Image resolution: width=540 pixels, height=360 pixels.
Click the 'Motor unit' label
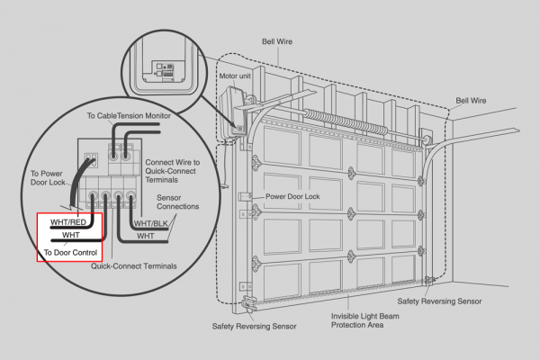235,76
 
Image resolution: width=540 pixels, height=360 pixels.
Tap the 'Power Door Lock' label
292,196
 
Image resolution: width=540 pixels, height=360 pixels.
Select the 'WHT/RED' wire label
68,222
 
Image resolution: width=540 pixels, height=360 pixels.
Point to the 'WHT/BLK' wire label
151,223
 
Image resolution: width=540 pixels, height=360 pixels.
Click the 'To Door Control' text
70,253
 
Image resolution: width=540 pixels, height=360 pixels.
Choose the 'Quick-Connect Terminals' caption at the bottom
133,266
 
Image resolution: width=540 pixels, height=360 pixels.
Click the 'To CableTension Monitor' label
129,116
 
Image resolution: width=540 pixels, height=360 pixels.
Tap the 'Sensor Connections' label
177,202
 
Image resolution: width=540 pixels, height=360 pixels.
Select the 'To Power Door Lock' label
48,178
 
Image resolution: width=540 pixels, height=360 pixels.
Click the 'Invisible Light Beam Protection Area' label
365,320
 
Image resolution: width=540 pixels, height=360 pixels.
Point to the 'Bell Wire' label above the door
277,41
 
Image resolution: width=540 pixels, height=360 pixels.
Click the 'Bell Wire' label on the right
471,101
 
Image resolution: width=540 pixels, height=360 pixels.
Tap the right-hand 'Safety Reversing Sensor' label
439,301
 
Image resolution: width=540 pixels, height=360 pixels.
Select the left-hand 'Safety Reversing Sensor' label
254,326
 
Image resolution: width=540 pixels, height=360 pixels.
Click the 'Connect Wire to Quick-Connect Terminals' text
172,171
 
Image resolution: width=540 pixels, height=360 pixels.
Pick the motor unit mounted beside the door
232,113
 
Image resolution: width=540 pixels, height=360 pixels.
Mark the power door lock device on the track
246,197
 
